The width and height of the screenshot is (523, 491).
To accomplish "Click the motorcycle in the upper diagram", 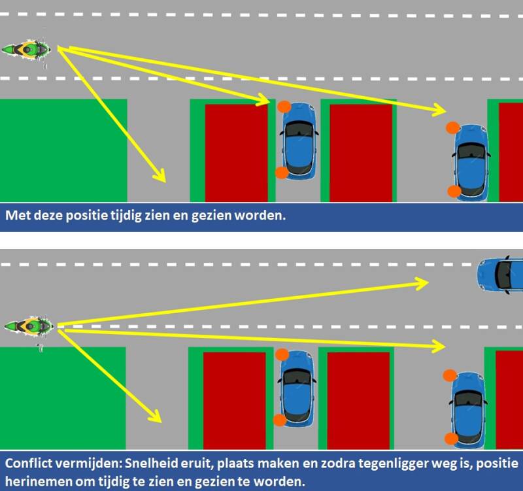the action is point(26,50).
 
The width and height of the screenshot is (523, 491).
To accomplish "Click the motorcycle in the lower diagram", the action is point(29,326).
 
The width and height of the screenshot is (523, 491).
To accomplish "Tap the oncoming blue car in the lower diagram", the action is point(499,275).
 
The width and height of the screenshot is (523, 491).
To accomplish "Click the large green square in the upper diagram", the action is point(63,150).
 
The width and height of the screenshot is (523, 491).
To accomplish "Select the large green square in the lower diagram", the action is point(63,398).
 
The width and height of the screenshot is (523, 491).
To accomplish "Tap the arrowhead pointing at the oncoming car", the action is point(422,284).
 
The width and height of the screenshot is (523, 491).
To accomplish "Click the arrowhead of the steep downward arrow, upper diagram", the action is point(160,175).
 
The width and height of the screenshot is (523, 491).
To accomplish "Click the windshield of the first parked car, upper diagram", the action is point(299,129).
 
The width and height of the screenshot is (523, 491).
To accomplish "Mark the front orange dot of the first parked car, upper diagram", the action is point(284,107).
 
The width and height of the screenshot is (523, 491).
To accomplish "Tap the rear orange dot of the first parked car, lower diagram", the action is point(280,420).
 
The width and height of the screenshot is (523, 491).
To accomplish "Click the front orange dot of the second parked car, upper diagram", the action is point(452,127).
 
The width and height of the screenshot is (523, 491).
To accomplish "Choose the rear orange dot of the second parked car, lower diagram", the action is point(451,439).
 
